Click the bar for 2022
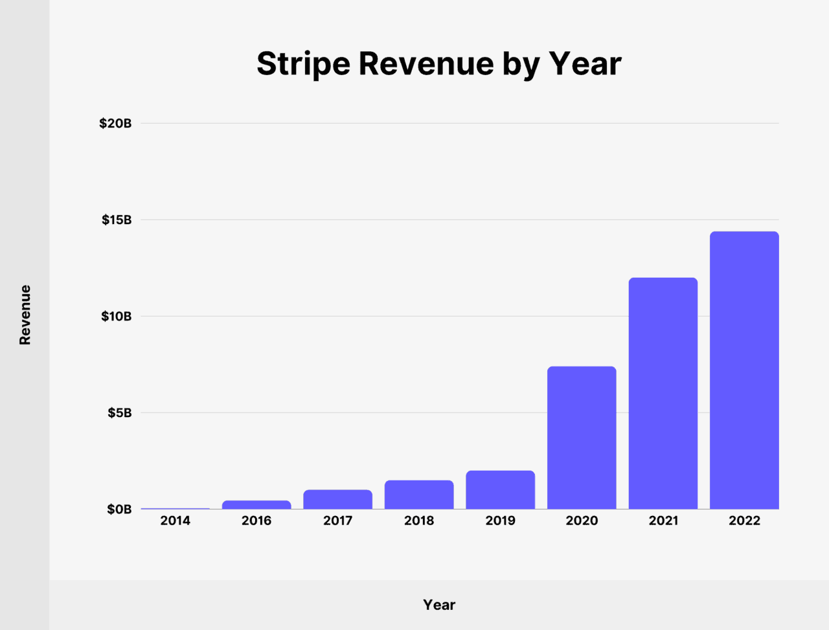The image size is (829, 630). [x=744, y=370]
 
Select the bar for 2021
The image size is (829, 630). [x=663, y=393]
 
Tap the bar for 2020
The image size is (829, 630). [x=582, y=438]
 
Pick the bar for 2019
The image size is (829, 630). [x=500, y=489]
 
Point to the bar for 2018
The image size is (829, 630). [x=419, y=495]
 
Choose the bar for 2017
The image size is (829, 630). [x=337, y=499]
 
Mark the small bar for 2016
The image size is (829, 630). [x=256, y=504]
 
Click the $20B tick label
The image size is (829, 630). [x=115, y=123]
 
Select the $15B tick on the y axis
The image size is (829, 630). [x=117, y=219]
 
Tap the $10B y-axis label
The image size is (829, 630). [x=117, y=316]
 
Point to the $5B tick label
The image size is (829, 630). [x=119, y=412]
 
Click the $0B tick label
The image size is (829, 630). [x=119, y=510]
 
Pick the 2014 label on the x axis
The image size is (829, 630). [x=175, y=521]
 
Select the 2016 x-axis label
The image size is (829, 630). [x=256, y=521]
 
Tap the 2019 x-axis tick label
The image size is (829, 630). [x=500, y=521]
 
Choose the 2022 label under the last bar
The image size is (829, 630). [x=744, y=521]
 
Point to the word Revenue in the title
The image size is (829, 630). [x=426, y=63]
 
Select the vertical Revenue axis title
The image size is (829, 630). [x=25, y=315]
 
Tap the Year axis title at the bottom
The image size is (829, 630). [x=439, y=605]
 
